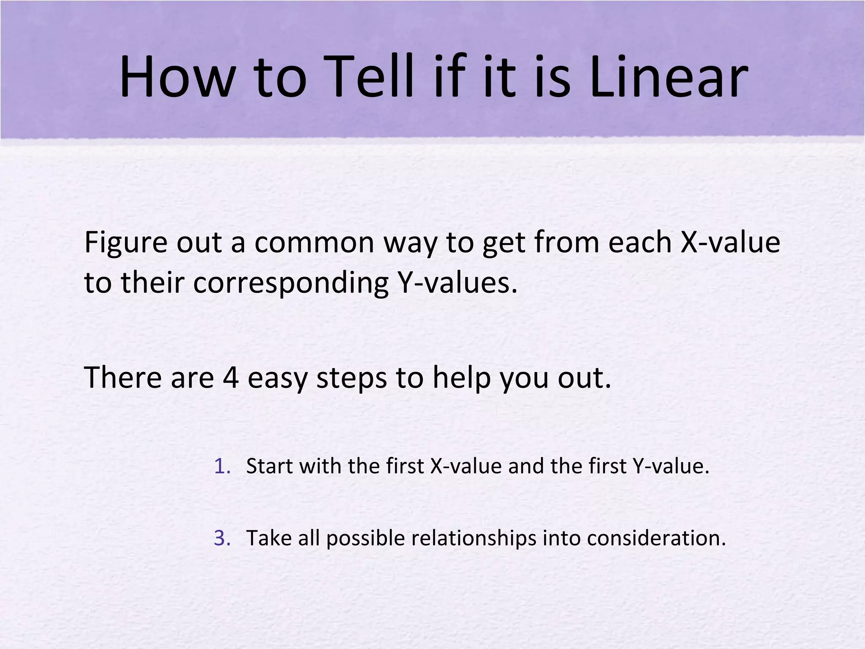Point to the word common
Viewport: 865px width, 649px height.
point(314,243)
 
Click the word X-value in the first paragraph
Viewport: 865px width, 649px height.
point(730,243)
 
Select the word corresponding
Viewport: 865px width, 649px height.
point(291,284)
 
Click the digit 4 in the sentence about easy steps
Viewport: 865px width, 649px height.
point(231,377)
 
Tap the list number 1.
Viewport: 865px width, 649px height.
point(221,466)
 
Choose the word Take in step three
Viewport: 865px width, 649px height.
point(268,538)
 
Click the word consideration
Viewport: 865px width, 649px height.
point(656,538)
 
